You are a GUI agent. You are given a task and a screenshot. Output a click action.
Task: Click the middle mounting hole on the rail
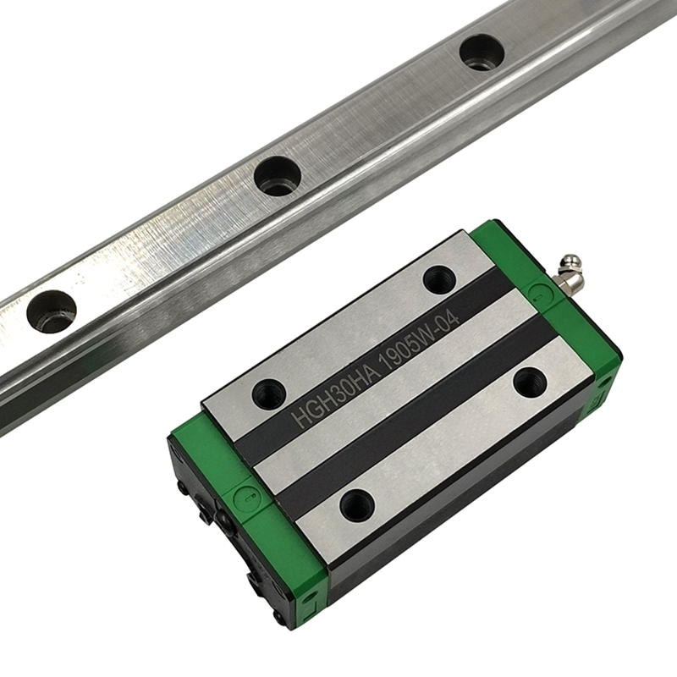[278, 176]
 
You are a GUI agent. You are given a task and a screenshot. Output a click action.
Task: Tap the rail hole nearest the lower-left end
[51, 311]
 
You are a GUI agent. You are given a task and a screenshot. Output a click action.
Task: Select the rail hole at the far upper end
[482, 52]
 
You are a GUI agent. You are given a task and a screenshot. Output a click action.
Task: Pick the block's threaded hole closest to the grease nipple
[439, 279]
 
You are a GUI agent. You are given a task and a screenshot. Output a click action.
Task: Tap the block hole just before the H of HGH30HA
[270, 393]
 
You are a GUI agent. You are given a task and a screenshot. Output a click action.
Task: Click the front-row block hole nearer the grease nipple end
[530, 382]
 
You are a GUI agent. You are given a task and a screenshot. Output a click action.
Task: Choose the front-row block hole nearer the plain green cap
[357, 505]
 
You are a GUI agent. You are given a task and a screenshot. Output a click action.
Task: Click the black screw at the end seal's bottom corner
[254, 581]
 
